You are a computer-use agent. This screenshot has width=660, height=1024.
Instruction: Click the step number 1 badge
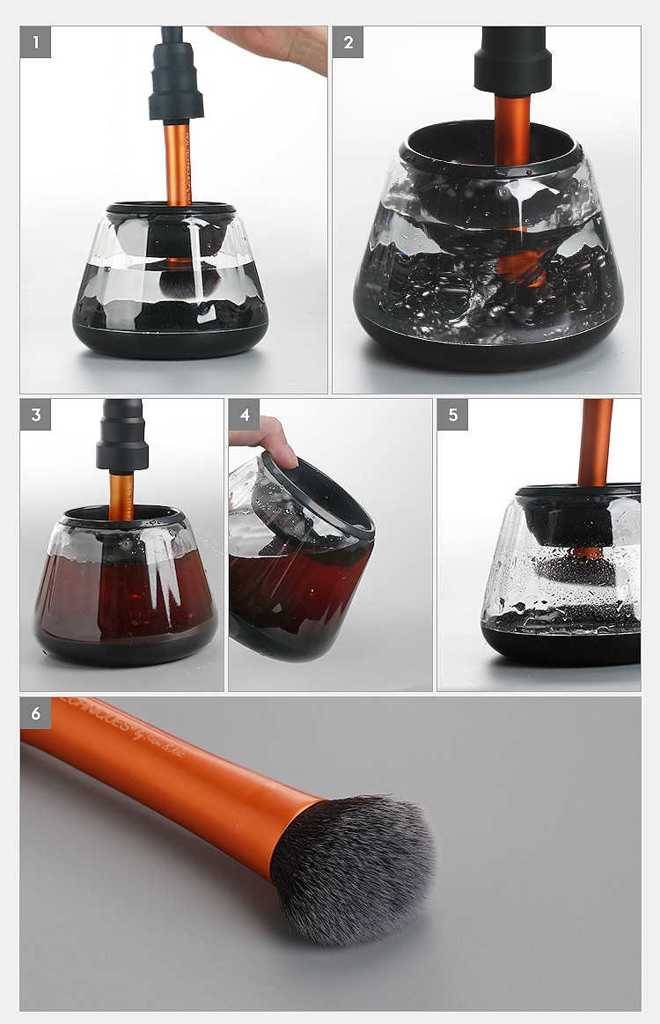tap(35, 41)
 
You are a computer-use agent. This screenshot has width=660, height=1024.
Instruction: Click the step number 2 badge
tap(348, 41)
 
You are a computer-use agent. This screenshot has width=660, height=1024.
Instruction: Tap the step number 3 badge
tap(35, 415)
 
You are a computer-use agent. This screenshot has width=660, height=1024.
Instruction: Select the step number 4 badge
tap(244, 415)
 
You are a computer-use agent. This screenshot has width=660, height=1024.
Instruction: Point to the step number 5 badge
tap(452, 415)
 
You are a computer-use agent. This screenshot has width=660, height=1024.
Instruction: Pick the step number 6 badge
tap(35, 713)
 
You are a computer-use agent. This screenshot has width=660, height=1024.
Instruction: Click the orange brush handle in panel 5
tap(596, 440)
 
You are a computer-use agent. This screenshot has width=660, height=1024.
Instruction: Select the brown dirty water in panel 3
tap(123, 590)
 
